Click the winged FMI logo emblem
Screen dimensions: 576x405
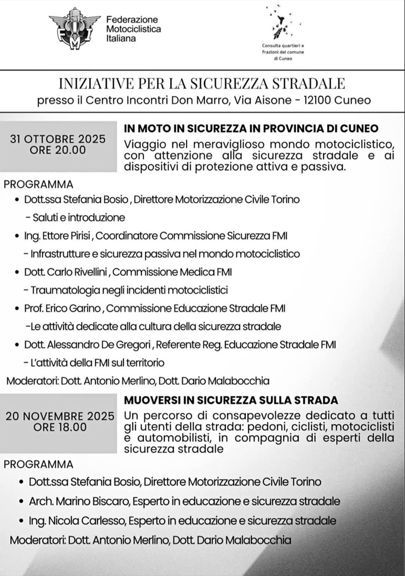click(x=75, y=28)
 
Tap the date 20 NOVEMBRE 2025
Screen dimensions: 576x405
click(x=60, y=415)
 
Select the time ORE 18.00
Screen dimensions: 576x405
click(x=60, y=427)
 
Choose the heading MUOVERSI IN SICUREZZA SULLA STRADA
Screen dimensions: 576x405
click(x=231, y=400)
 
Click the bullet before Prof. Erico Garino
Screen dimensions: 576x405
click(x=17, y=309)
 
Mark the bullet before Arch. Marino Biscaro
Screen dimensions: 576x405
click(x=22, y=501)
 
